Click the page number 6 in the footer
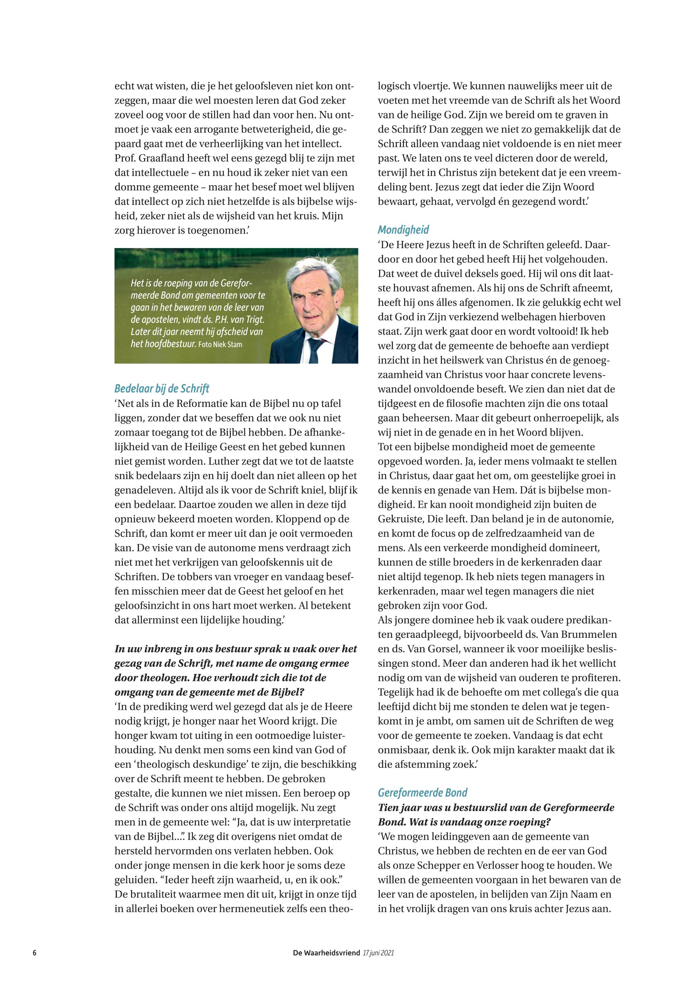(x=34, y=953)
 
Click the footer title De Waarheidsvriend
(x=326, y=953)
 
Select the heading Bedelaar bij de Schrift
(x=162, y=389)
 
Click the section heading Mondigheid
(x=403, y=229)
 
